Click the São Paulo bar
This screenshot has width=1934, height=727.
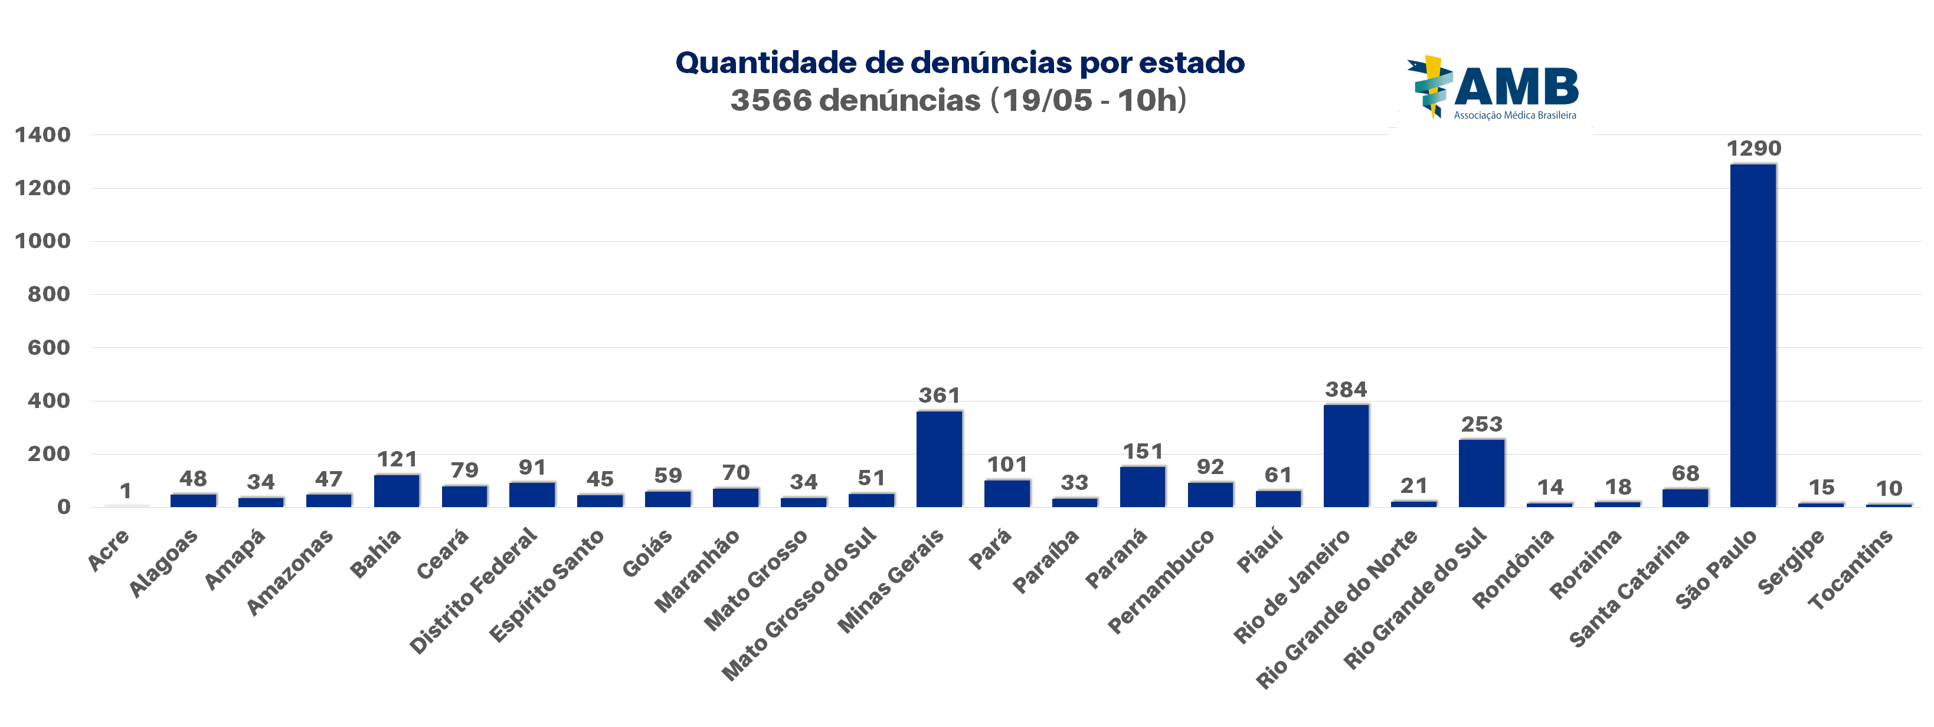pos(1753,335)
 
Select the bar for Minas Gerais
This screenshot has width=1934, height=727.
pos(939,459)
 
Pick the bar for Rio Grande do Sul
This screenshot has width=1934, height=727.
pos(1481,473)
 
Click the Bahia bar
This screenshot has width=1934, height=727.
pos(397,491)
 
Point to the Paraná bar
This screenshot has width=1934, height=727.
pos(1143,487)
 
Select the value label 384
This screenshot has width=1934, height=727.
pos(1346,389)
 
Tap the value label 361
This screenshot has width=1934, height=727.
pos(939,396)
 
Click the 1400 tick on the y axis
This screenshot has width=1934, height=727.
pos(43,135)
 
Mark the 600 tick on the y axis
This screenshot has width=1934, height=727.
pos(49,347)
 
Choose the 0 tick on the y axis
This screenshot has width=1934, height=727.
pos(64,507)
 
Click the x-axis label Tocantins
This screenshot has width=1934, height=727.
pos(1851,570)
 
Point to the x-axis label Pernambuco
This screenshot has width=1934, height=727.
pos(1161,581)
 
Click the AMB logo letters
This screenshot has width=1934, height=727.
pos(1517,87)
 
